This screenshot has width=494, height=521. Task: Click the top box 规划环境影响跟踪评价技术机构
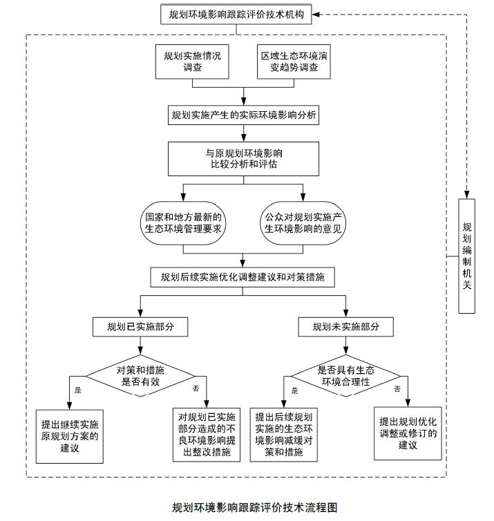[x=236, y=14]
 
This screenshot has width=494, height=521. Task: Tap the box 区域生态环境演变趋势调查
[x=289, y=61]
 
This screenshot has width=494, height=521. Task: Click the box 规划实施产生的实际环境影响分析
[x=244, y=115]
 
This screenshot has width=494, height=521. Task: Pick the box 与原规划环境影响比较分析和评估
[x=244, y=158]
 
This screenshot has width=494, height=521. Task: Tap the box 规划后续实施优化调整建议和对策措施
[x=243, y=278]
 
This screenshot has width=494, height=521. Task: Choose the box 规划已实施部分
[x=140, y=327]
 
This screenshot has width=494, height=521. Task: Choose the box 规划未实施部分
[x=345, y=327]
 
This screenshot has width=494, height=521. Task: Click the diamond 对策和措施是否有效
[x=140, y=375]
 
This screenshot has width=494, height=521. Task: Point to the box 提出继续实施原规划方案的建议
[x=70, y=436]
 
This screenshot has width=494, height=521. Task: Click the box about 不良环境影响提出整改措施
[x=207, y=434]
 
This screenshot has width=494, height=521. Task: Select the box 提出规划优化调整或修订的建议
[x=408, y=433]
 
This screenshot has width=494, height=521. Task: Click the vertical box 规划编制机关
[x=467, y=256]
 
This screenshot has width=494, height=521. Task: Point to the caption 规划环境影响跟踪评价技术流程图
[x=255, y=507]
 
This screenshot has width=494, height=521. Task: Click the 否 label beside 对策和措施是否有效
[x=196, y=390]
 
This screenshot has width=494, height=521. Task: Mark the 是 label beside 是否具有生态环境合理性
[x=294, y=390]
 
